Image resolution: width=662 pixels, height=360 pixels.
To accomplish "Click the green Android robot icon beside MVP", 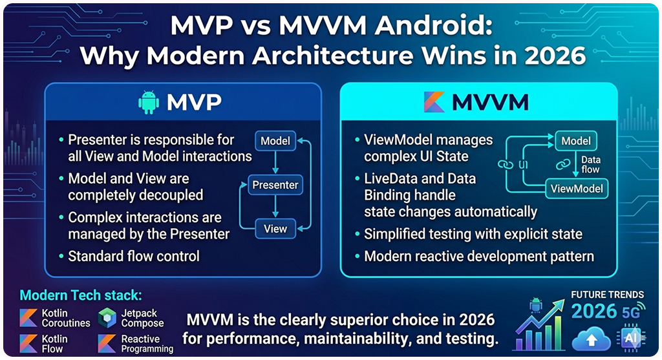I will pos(149,103).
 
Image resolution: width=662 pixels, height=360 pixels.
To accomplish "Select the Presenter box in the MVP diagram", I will pos(275,185).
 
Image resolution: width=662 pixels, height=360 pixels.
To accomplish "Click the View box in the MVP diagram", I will pos(275,228).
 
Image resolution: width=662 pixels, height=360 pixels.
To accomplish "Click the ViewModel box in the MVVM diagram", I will pos(577,189).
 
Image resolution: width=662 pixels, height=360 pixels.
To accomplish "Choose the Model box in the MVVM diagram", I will pos(576,141).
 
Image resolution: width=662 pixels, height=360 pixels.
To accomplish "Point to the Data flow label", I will pos(591,165).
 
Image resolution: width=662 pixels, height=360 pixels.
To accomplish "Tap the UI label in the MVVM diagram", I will pos(524,164).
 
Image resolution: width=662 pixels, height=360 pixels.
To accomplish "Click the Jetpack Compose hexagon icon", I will pos(107,317).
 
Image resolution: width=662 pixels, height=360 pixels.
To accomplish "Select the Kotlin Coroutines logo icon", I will pos(28,317).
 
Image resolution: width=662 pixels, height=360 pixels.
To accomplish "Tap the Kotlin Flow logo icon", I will pos(28,343).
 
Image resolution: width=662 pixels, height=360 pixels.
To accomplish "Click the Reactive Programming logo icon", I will pos(107,343).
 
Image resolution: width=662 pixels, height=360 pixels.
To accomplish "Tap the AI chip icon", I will pos(630,339).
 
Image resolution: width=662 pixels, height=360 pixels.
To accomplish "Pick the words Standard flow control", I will pos(134,256).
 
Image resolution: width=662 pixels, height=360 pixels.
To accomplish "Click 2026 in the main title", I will pos(549,56).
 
